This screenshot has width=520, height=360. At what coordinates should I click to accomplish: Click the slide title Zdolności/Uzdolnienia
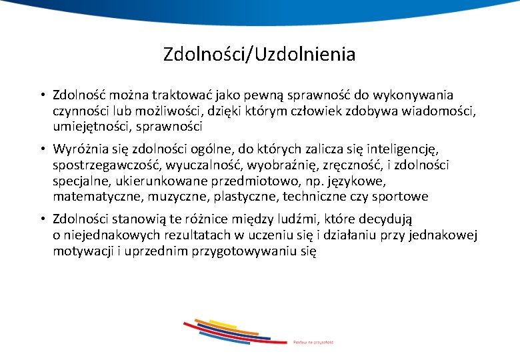(x=259, y=54)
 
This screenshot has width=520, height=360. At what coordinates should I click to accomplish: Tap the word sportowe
(x=403, y=196)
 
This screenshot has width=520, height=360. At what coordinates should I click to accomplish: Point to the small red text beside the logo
(x=313, y=342)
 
